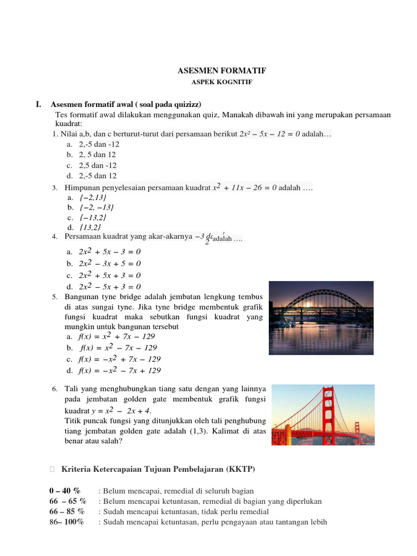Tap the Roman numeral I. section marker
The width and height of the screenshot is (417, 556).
(x=39, y=104)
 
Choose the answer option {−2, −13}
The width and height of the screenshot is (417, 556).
(x=97, y=207)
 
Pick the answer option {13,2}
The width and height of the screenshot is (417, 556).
(x=90, y=227)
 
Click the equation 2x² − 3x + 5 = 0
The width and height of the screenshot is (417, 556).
(x=110, y=263)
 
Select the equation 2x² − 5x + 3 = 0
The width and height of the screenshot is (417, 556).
(x=110, y=287)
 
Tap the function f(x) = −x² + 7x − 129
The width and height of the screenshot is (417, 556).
(x=119, y=359)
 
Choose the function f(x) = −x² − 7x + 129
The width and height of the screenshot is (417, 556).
(x=119, y=371)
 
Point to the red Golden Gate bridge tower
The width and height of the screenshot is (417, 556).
(x=327, y=413)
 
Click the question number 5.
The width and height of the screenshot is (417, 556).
(x=55, y=298)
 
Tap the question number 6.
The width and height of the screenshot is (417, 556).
(x=55, y=390)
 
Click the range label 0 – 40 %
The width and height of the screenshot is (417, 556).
(x=65, y=491)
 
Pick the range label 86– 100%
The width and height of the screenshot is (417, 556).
(x=66, y=522)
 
